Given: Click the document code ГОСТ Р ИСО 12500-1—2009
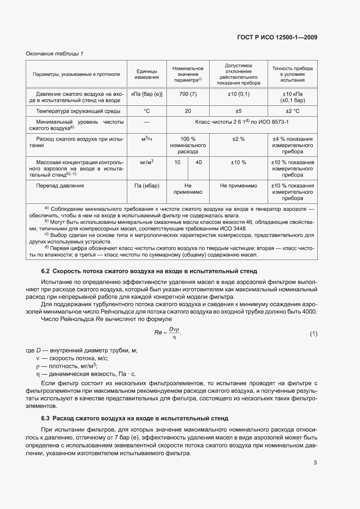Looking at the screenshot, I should pyautogui.click(x=277, y=37).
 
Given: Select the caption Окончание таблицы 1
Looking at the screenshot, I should pyautogui.click(x=54, y=54).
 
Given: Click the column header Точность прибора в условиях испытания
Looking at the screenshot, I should pyautogui.click(x=292, y=74).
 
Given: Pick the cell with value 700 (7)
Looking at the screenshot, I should pyautogui.click(x=188, y=94).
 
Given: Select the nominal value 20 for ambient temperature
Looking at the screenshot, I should pyautogui.click(x=188, y=111).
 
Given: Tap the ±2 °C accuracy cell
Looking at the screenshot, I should pyautogui.click(x=292, y=111).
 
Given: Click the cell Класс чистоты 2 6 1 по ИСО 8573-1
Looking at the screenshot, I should pyautogui.click(x=242, y=124).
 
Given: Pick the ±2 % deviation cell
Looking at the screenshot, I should pyautogui.click(x=238, y=139).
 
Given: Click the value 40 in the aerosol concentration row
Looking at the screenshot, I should pyautogui.click(x=199, y=162).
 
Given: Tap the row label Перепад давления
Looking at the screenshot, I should pyautogui.click(x=60, y=185).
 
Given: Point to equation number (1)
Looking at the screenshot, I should pyautogui.click(x=313, y=334).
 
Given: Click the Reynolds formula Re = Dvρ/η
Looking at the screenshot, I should pyautogui.click(x=167, y=334).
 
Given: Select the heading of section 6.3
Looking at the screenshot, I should pyautogui.click(x=135, y=418).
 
